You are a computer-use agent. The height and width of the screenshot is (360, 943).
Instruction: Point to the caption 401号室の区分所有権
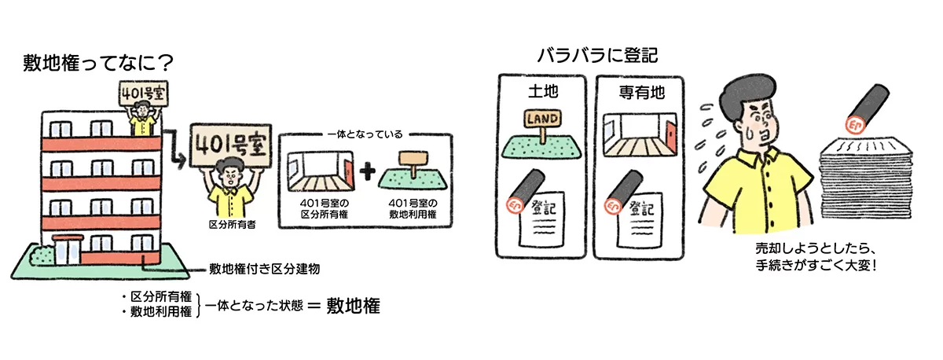321,208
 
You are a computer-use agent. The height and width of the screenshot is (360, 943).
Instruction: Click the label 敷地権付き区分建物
263,269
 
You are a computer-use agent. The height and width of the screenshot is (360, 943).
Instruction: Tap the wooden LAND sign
543,119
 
